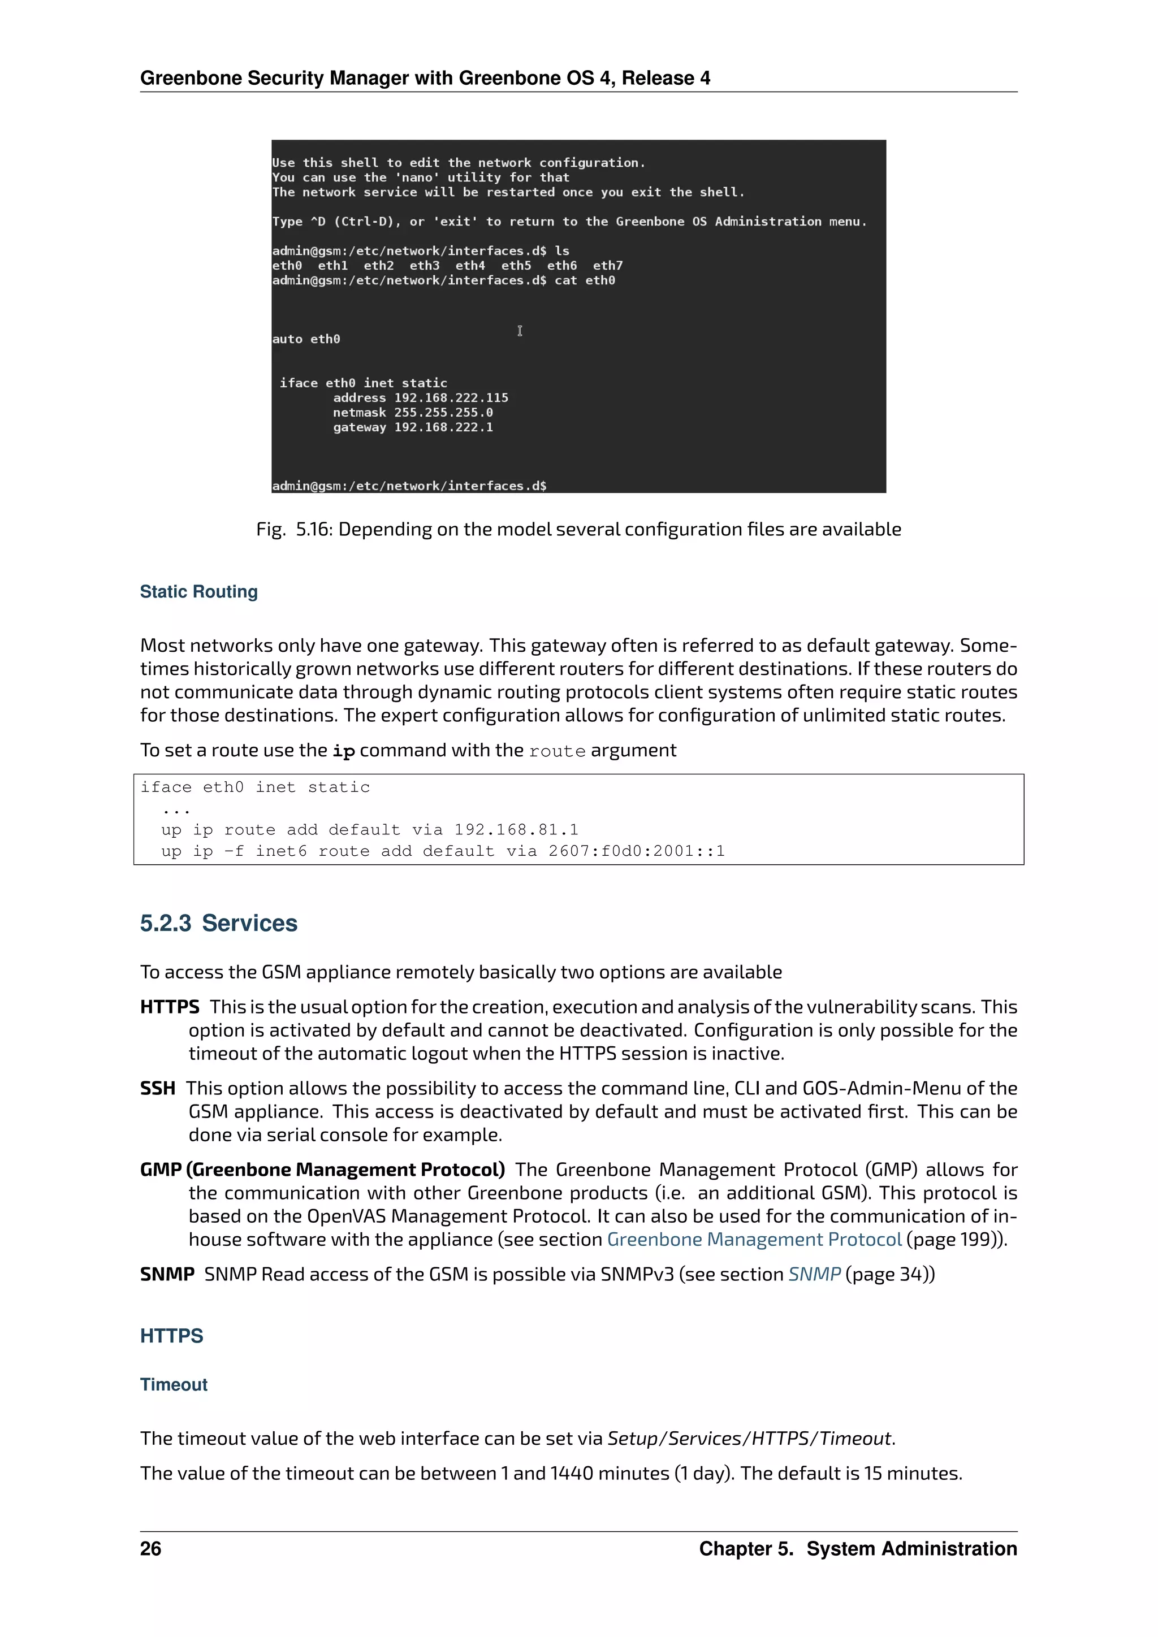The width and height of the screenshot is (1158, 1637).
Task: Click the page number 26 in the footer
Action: pyautogui.click(x=150, y=1549)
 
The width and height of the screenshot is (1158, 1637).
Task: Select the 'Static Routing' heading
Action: pyautogui.click(x=198, y=592)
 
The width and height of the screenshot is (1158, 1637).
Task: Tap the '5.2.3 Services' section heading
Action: pyautogui.click(x=218, y=923)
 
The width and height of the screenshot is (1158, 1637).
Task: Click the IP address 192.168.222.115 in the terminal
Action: pyautogui.click(x=451, y=398)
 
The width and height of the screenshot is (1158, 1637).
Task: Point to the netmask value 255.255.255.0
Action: pyautogui.click(x=443, y=413)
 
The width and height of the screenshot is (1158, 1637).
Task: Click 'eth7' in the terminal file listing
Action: pyautogui.click(x=607, y=266)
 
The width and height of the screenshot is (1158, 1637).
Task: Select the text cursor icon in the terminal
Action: pyautogui.click(x=520, y=331)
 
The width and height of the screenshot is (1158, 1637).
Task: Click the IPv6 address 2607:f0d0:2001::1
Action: pyautogui.click(x=636, y=851)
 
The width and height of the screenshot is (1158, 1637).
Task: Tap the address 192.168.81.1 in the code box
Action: pyautogui.click(x=516, y=830)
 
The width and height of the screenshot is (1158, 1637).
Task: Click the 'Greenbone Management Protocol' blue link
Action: pyautogui.click(x=754, y=1239)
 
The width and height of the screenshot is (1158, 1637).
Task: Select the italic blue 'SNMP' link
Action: pyautogui.click(x=814, y=1274)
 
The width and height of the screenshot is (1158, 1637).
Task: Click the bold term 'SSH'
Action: pyautogui.click(x=158, y=1089)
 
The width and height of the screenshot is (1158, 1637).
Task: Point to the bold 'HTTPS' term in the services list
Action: pyautogui.click(x=170, y=1007)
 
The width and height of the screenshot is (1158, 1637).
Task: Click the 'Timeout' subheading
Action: pyautogui.click(x=173, y=1384)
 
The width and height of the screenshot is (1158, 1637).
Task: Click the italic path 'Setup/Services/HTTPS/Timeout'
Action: pyautogui.click(x=749, y=1438)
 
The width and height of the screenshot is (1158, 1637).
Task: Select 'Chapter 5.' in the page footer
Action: pyautogui.click(x=746, y=1549)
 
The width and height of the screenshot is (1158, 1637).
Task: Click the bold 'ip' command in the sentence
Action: pyautogui.click(x=344, y=751)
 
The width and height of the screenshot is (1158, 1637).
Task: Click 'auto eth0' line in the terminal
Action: pyautogui.click(x=306, y=339)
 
